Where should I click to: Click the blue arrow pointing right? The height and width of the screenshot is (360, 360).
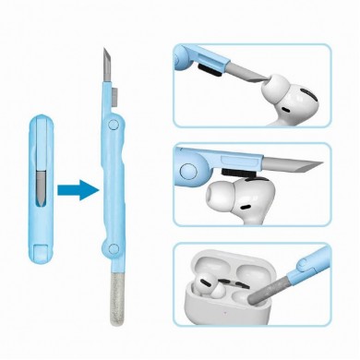[77, 191]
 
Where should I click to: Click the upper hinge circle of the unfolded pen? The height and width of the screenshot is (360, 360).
[112, 125]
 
